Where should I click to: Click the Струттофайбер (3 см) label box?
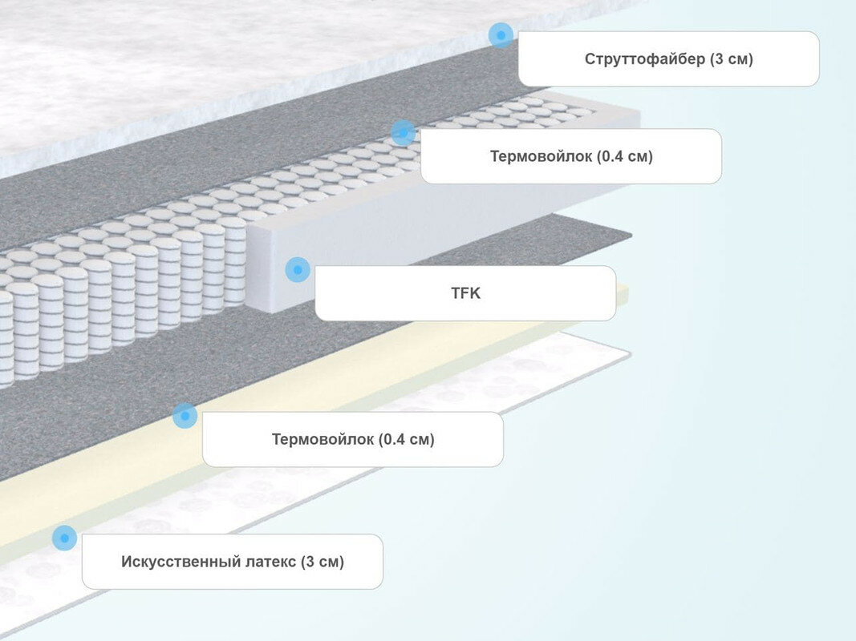(x=668, y=58)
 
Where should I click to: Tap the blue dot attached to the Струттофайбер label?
(x=501, y=34)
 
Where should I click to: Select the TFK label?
(x=465, y=293)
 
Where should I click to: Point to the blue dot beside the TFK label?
(x=298, y=270)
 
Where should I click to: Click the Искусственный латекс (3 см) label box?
(x=232, y=562)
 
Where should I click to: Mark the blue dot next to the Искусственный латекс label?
(x=64, y=538)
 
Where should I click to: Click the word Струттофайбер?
(x=645, y=59)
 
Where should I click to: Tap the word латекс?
(x=269, y=562)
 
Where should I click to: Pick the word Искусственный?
(x=178, y=562)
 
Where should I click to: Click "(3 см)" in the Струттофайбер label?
(x=732, y=59)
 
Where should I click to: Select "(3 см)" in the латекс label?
(x=323, y=562)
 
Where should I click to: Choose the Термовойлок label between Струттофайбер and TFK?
(x=570, y=156)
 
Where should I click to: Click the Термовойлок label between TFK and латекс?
(x=352, y=439)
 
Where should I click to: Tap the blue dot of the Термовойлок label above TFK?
(x=403, y=133)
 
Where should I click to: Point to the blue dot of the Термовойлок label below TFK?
(x=185, y=415)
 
